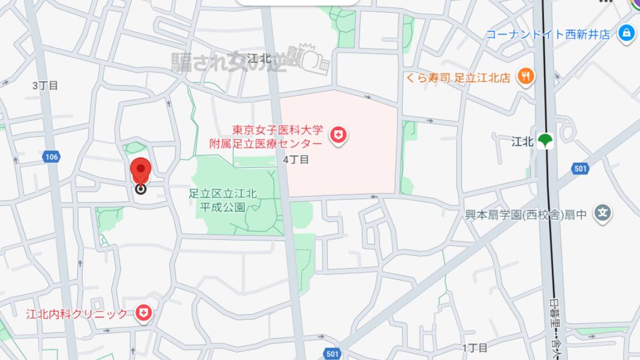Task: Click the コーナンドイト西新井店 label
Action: click(547, 35)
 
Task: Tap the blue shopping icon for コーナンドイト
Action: click(625, 34)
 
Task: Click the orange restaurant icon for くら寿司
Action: click(525, 77)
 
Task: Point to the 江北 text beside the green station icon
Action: click(522, 142)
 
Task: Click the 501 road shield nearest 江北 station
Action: click(580, 169)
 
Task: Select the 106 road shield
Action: click(51, 157)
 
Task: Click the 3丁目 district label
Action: click(45, 85)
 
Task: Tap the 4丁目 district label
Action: click(296, 159)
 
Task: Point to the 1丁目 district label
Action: click(475, 348)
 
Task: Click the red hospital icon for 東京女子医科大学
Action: click(338, 135)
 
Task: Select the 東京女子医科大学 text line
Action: click(277, 130)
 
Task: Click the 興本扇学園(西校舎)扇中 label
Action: click(526, 215)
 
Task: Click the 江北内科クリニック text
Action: click(77, 314)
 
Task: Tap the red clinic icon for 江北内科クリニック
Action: click(142, 313)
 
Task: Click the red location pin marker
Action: click(141, 172)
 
